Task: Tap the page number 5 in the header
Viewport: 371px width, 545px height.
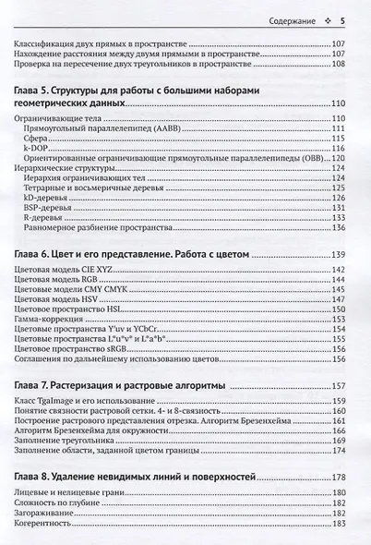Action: [x=341, y=20]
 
